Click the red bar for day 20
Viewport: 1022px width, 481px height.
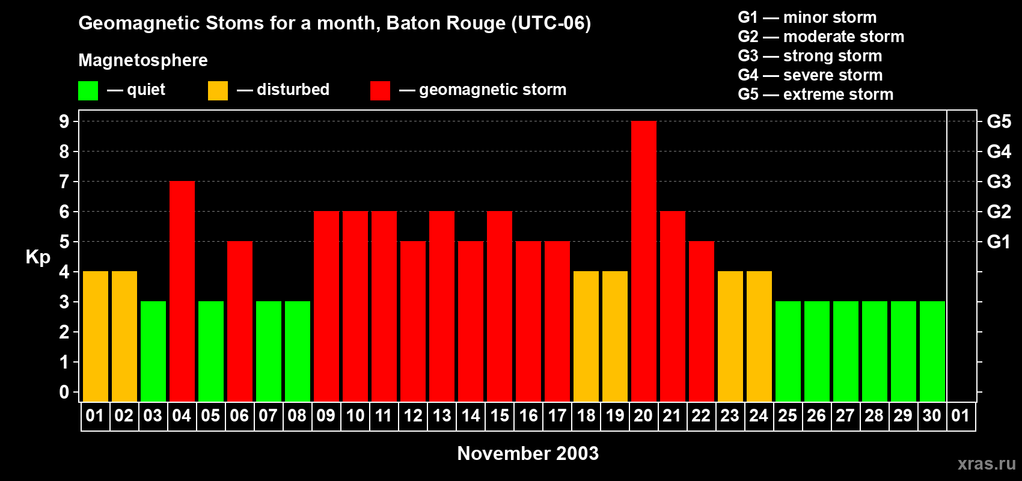[x=644, y=261]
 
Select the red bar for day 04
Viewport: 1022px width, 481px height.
[x=182, y=291]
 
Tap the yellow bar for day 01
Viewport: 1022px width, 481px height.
[x=96, y=336]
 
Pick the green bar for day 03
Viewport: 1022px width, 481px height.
[x=153, y=351]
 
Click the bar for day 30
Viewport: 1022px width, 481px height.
[x=932, y=351]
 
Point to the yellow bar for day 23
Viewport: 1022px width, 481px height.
[x=730, y=336]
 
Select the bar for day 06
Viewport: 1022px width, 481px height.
[x=240, y=321]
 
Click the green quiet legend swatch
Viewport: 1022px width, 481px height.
[x=88, y=91]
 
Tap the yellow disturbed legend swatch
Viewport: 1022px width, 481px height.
[x=218, y=91]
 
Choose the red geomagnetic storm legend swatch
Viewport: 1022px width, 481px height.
[x=381, y=91]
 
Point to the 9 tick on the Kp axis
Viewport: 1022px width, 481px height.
[x=64, y=121]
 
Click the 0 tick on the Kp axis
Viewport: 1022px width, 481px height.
[x=64, y=392]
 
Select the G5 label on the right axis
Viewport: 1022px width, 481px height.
[x=999, y=121]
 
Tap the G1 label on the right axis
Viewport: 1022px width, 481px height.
[x=999, y=242]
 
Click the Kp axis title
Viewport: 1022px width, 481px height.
[x=38, y=257]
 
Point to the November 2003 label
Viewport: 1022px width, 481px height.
[x=528, y=453]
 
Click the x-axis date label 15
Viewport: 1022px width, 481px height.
[x=500, y=415]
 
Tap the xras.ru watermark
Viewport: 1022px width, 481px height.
[x=987, y=463]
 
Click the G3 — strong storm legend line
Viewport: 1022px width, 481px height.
[x=810, y=56]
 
